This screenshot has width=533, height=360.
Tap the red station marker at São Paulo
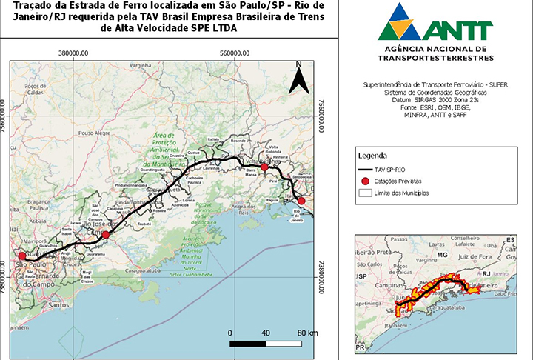tap(21, 257)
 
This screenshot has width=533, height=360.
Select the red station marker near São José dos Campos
tap(105, 235)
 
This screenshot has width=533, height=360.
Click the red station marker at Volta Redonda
tap(263, 168)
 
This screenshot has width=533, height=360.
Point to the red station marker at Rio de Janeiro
tap(301, 201)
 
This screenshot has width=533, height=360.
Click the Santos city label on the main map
tap(53, 304)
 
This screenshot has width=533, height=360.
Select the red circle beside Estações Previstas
tap(366, 181)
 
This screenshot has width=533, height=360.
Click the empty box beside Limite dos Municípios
tap(366, 193)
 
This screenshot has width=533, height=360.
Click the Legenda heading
tap(372, 156)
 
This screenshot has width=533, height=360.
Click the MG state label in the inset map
tap(443, 254)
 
